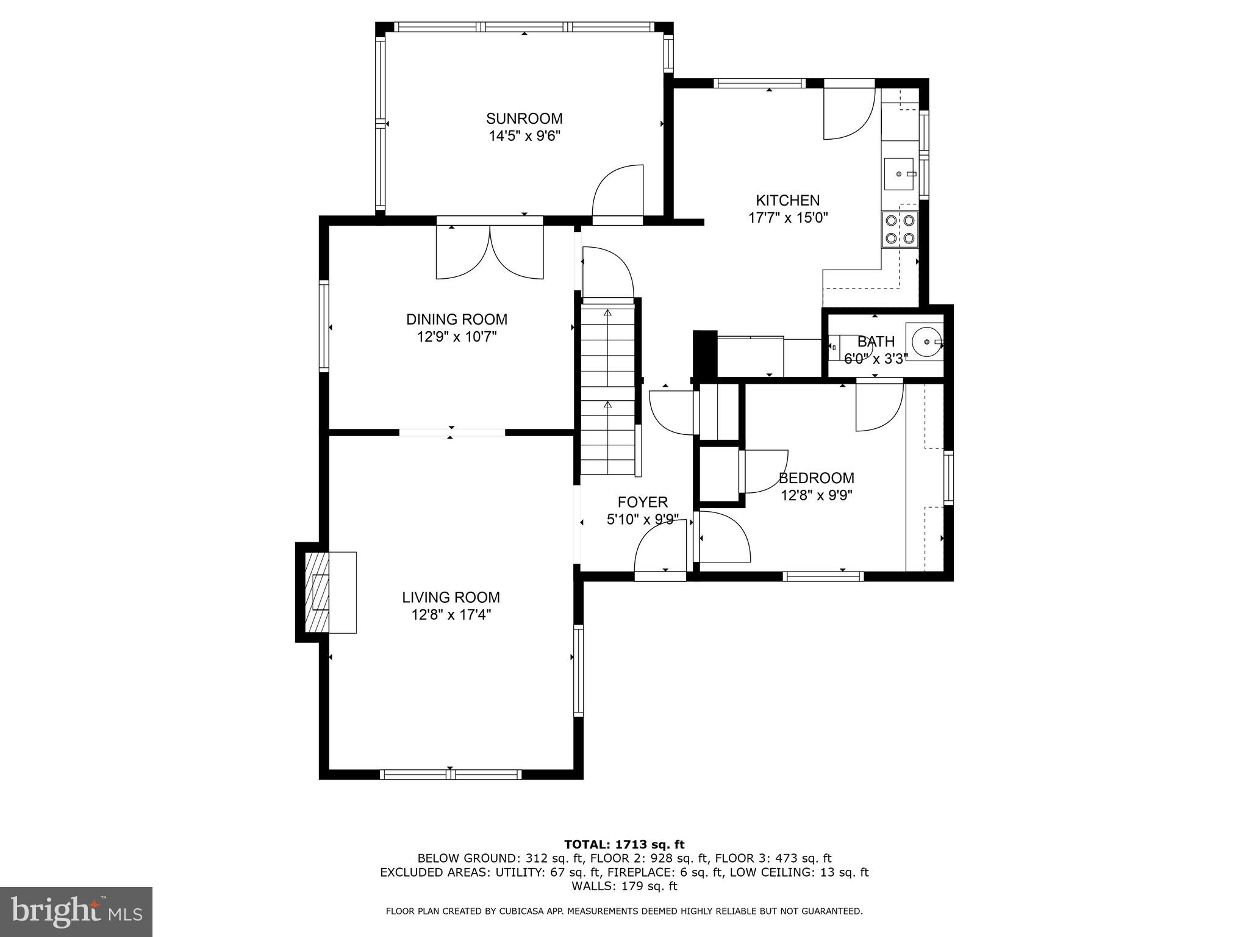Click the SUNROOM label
tap(524, 118)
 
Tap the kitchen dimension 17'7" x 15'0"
tap(788, 218)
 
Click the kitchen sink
tap(899, 174)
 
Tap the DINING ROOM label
tap(457, 319)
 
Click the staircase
tap(607, 390)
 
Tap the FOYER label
tap(643, 502)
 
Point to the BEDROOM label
tap(816, 478)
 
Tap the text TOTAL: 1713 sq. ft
tap(624, 845)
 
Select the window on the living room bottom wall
tap(451, 774)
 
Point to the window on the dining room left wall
tap(324, 326)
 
